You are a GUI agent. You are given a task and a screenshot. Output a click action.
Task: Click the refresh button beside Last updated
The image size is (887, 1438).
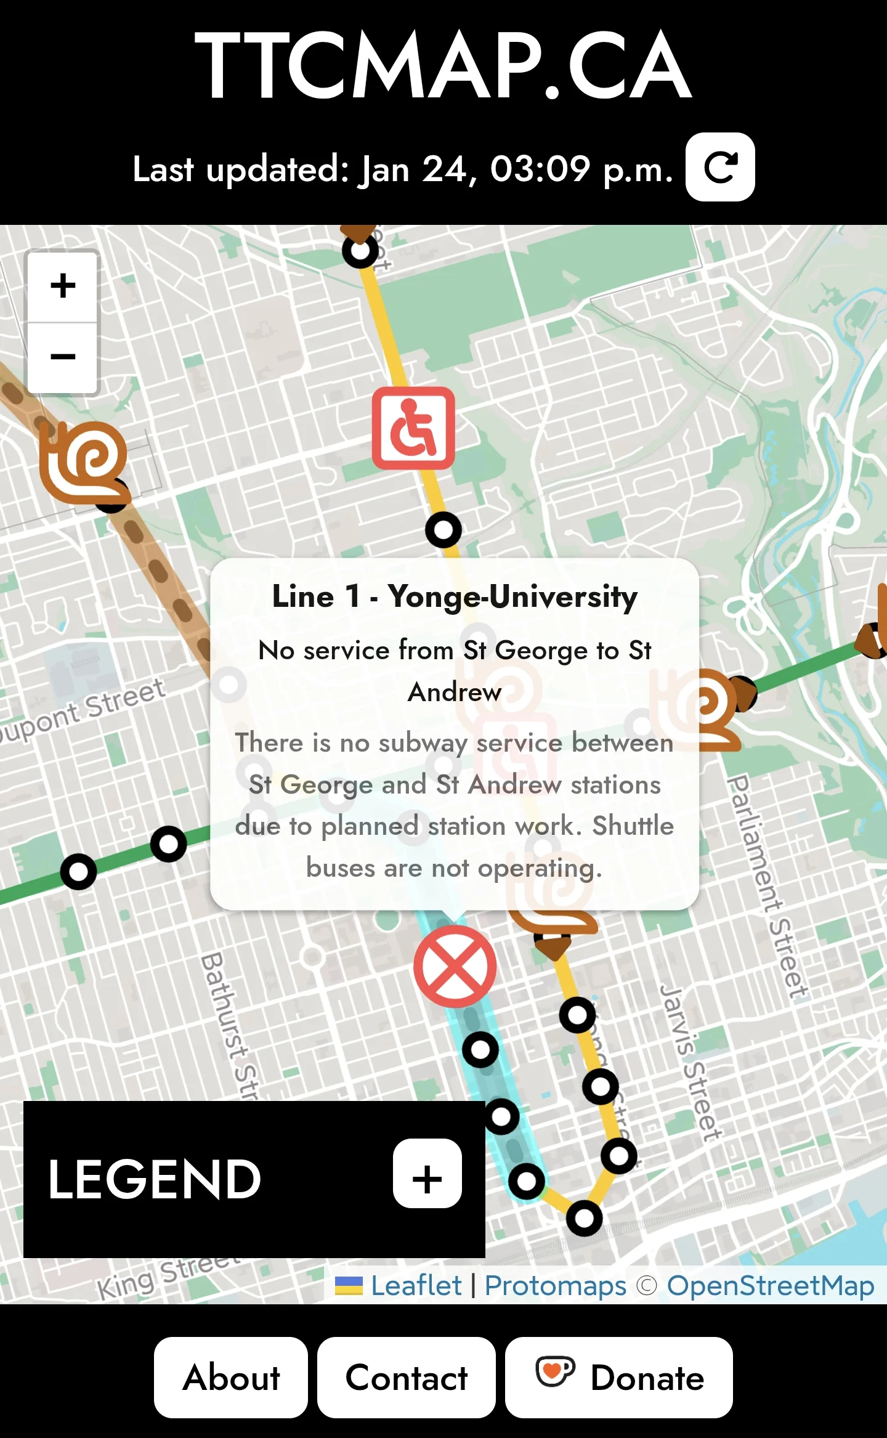click(x=720, y=167)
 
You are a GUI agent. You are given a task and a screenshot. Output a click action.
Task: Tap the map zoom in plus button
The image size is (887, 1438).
click(x=63, y=286)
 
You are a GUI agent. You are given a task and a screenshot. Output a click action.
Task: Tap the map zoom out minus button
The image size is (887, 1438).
click(x=63, y=357)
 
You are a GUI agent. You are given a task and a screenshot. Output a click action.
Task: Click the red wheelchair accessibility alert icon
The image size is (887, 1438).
click(x=413, y=428)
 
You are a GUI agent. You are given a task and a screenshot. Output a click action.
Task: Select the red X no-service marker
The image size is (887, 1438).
click(x=455, y=966)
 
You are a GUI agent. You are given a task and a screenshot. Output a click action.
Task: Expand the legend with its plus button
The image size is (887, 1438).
click(x=427, y=1179)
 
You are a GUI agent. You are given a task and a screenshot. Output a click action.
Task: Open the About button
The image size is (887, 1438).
click(x=231, y=1378)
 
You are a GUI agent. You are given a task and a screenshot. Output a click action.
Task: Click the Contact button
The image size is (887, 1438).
click(x=407, y=1378)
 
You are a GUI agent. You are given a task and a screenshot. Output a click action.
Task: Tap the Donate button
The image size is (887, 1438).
click(x=618, y=1378)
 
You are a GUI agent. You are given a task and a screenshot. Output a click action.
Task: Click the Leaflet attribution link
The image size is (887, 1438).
click(x=416, y=1285)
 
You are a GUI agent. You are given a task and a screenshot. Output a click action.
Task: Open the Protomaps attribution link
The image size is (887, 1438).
click(x=555, y=1285)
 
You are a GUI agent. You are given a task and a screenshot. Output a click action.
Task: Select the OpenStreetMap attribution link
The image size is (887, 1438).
click(x=771, y=1285)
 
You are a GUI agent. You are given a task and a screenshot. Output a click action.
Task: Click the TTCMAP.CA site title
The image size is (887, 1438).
click(x=443, y=65)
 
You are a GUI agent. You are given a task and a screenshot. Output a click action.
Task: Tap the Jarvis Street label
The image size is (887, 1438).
click(x=690, y=1062)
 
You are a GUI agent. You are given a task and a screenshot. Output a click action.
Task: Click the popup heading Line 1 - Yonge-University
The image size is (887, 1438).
click(x=455, y=596)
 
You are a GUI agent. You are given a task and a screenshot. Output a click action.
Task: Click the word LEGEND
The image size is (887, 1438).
click(x=155, y=1179)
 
